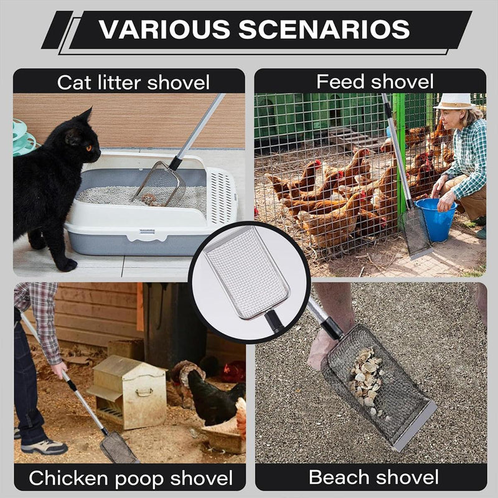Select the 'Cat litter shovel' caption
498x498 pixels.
[133, 82]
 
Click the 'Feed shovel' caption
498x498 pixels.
[375, 81]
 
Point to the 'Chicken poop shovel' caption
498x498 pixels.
[131, 478]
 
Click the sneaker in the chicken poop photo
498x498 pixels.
[44, 446]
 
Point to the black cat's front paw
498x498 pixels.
[65, 264]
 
